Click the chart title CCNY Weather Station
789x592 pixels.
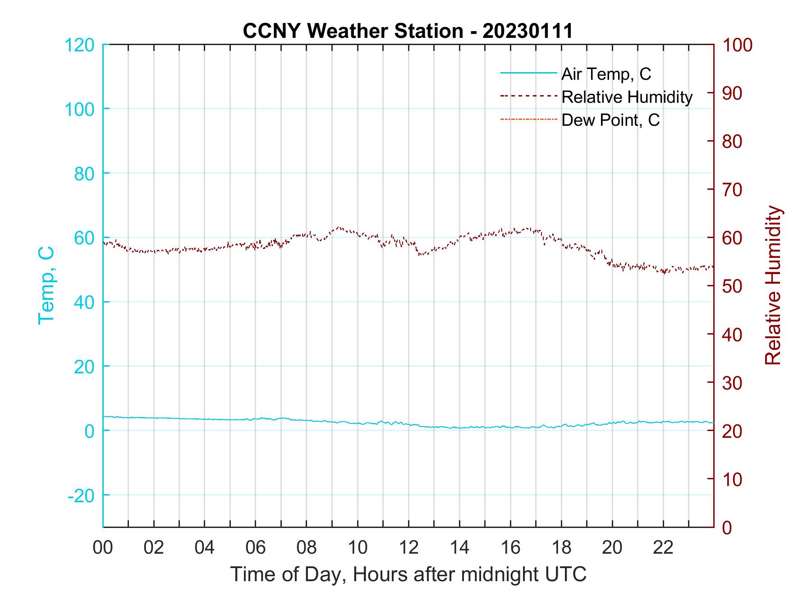(408, 31)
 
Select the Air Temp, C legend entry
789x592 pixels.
(606, 74)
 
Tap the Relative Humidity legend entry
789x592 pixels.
(627, 97)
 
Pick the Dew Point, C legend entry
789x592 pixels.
(610, 120)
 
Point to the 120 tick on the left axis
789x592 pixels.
(79, 45)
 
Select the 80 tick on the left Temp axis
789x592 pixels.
(84, 174)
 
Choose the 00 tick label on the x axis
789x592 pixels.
(103, 548)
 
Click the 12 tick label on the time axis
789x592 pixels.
(408, 548)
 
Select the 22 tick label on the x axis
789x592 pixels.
(663, 548)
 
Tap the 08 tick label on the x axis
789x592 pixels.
(307, 548)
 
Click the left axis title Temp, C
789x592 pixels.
(46, 285)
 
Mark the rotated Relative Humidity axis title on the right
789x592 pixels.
(773, 285)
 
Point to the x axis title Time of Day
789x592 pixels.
(408, 574)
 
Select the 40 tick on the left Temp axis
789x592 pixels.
(84, 303)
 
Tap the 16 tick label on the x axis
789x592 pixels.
(510, 548)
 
